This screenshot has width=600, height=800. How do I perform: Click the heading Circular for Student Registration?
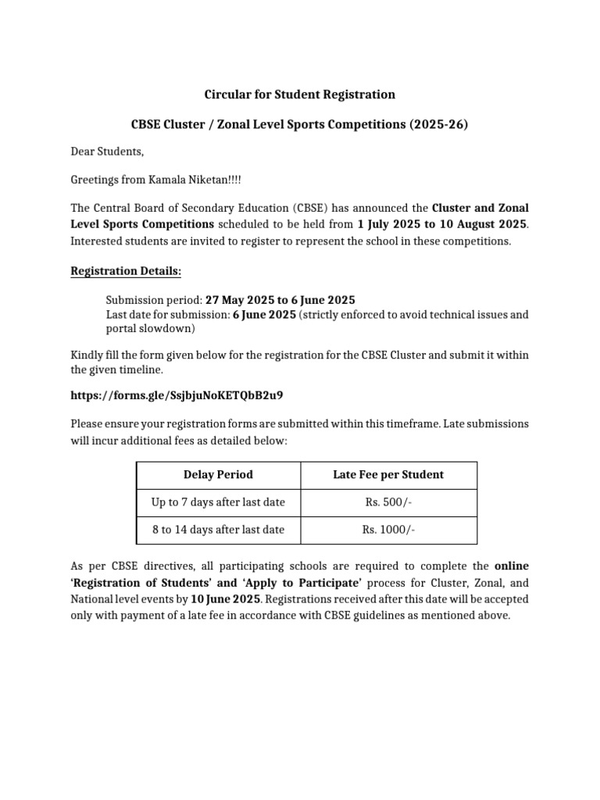pos(300,95)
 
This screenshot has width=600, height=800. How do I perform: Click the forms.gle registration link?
pos(182,395)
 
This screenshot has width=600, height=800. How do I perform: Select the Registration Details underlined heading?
pos(126,271)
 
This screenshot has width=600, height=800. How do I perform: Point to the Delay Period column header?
pos(218,474)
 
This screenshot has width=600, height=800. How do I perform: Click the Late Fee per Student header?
pos(388,474)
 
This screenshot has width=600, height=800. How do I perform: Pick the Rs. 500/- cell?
pos(388,502)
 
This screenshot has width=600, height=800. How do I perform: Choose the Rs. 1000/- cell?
pos(388,530)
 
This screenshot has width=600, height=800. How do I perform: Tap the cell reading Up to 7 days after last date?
pos(218,502)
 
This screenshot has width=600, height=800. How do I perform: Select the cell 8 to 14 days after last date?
pos(218,530)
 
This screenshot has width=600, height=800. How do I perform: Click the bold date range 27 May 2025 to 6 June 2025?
pos(280,299)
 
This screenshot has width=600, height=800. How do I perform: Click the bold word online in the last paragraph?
pos(512,565)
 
